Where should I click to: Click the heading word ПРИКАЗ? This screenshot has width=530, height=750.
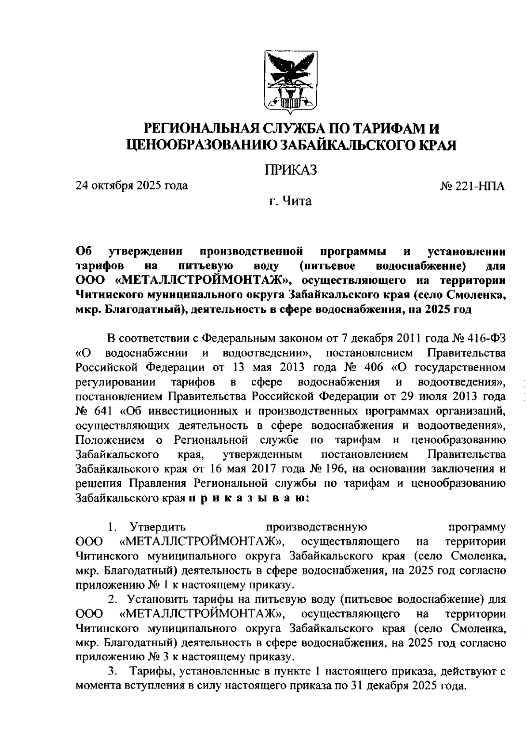(290, 169)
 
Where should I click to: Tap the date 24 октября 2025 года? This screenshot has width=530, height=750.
(132, 185)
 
